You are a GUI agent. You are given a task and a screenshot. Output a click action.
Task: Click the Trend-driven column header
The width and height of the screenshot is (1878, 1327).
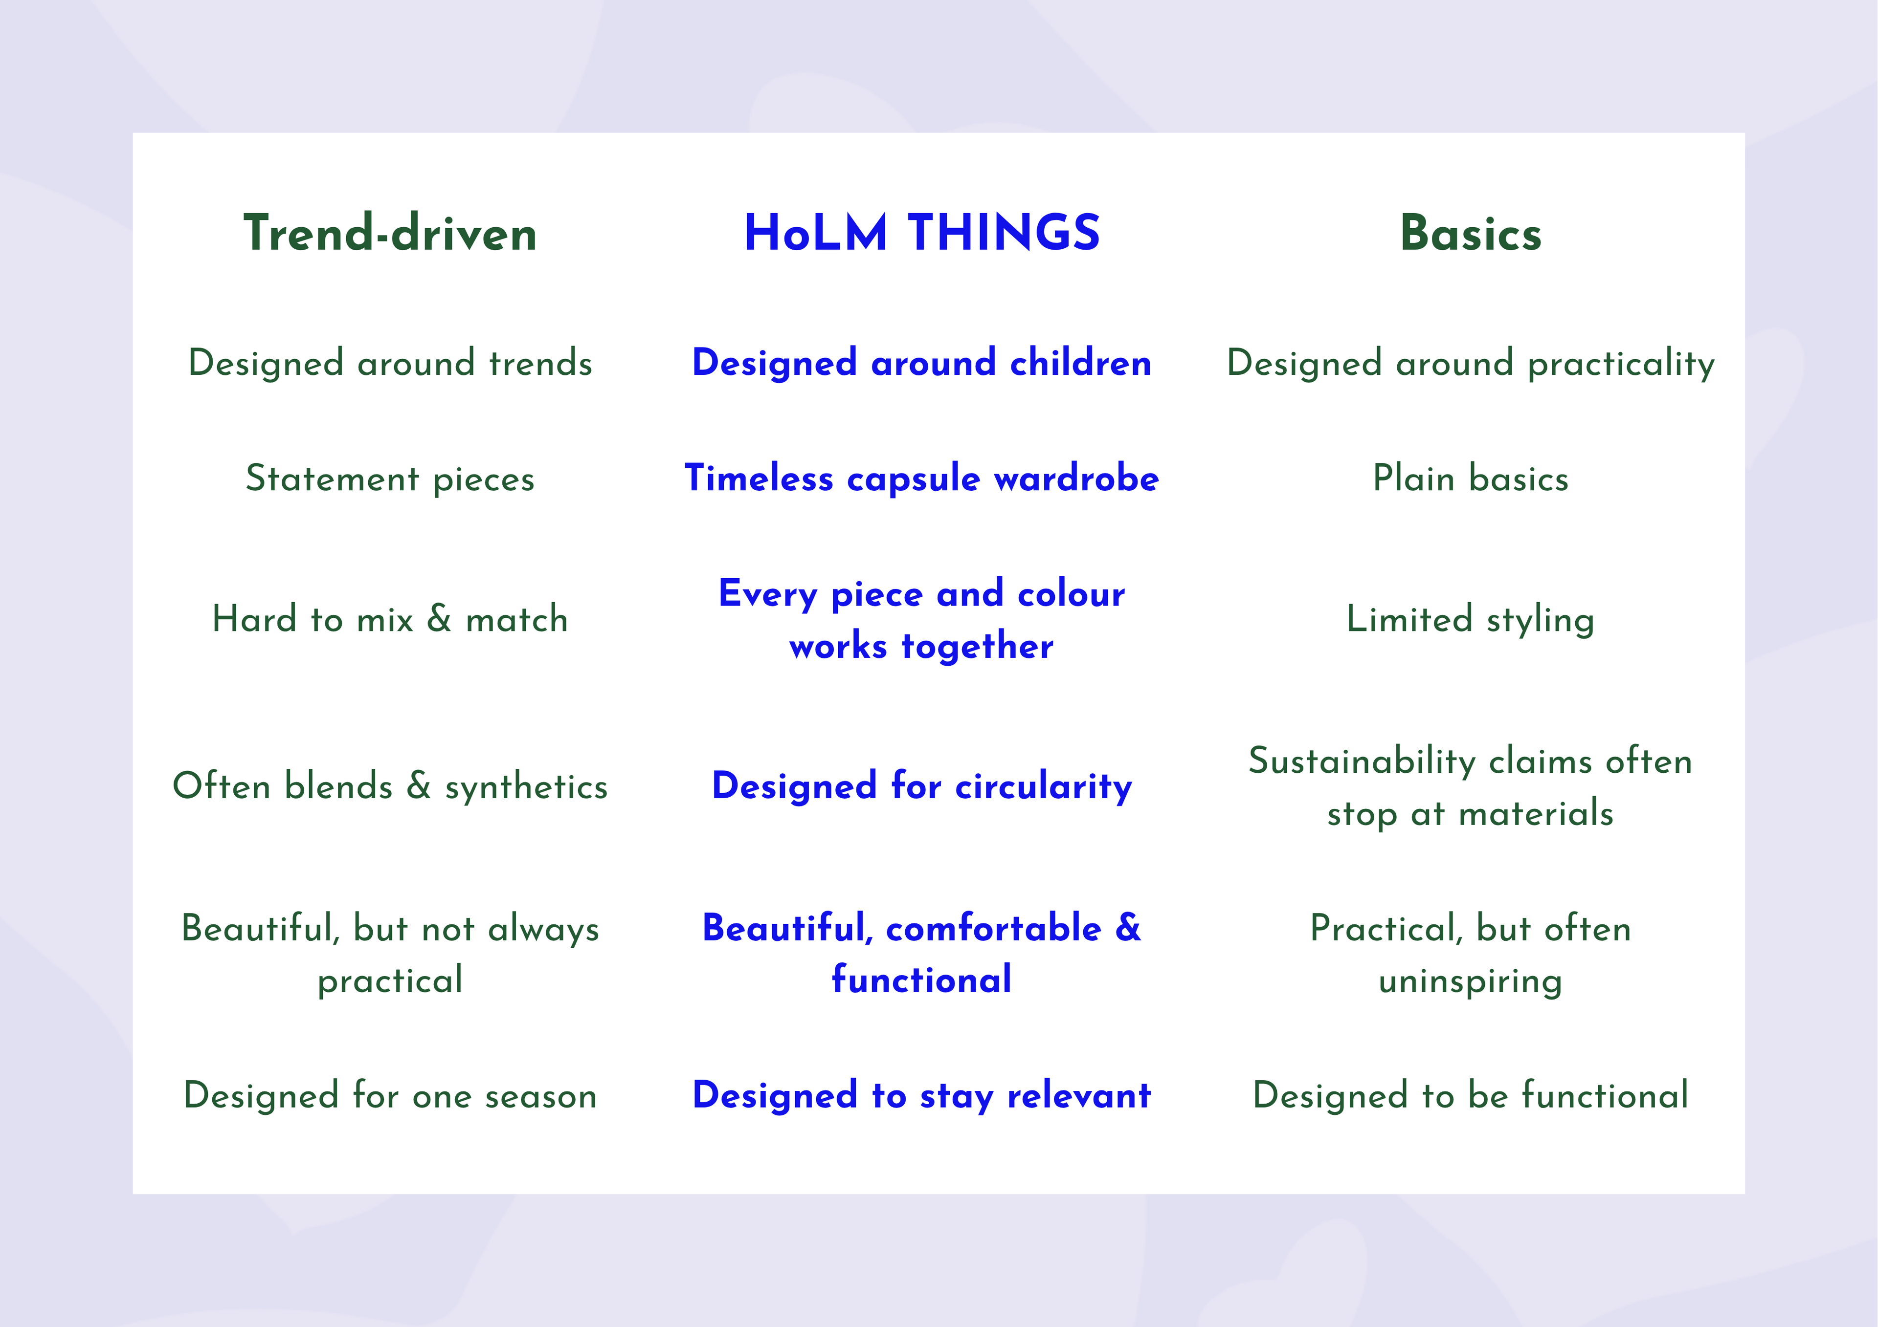[390, 233]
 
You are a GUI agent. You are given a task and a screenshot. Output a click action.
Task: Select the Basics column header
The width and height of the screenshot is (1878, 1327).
[1471, 233]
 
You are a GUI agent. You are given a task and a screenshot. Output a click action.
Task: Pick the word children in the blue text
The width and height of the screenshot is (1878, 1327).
[1080, 362]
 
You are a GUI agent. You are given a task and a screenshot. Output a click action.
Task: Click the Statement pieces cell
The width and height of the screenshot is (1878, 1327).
[390, 479]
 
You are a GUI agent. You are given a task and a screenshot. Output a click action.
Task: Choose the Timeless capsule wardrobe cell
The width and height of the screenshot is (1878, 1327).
[922, 479]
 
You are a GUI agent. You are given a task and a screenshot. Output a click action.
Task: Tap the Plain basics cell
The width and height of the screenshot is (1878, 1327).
[1471, 479]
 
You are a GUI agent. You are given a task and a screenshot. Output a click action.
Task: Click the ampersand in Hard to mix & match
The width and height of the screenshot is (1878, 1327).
[439, 618]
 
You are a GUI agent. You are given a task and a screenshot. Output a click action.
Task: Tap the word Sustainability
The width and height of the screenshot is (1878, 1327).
[1363, 761]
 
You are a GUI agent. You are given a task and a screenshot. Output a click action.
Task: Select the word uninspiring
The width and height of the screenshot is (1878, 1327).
[1471, 981]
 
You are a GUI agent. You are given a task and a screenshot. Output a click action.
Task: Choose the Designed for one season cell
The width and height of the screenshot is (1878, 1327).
[390, 1096]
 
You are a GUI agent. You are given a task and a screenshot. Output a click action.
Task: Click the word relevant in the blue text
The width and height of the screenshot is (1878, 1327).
[1079, 1096]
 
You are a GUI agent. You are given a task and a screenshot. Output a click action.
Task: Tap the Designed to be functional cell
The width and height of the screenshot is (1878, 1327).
[1471, 1096]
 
